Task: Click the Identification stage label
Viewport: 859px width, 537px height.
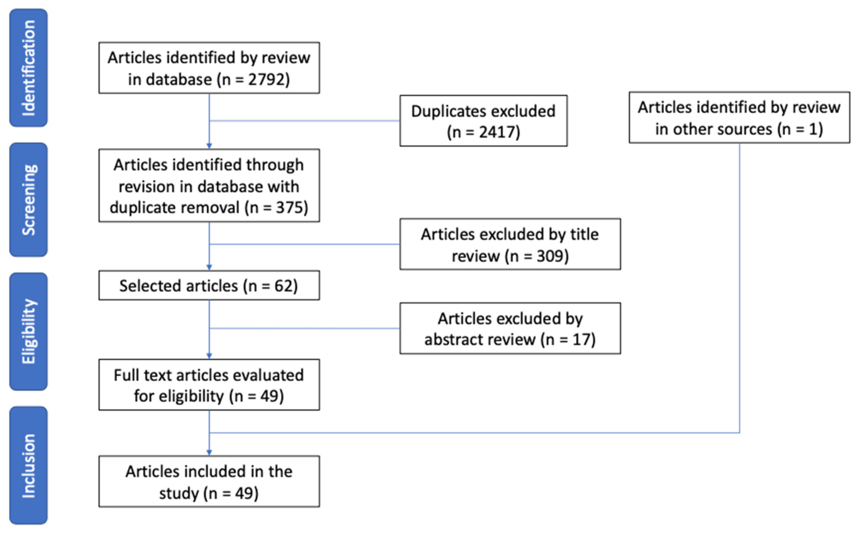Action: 28,68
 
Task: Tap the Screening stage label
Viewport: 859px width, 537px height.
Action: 28,200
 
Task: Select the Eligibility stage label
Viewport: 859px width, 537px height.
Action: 28,331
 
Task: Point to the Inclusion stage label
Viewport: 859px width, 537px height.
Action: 28,465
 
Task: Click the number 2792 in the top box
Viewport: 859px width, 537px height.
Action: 263,80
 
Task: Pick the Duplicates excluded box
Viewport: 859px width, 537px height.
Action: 483,121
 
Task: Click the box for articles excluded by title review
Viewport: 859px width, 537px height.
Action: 510,244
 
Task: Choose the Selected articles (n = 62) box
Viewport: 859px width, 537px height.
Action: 209,286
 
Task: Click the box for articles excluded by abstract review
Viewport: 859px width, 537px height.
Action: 510,328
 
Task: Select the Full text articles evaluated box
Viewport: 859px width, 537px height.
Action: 209,385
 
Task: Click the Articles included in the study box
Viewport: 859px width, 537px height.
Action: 209,482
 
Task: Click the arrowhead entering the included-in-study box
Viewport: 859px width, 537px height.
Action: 209,452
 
